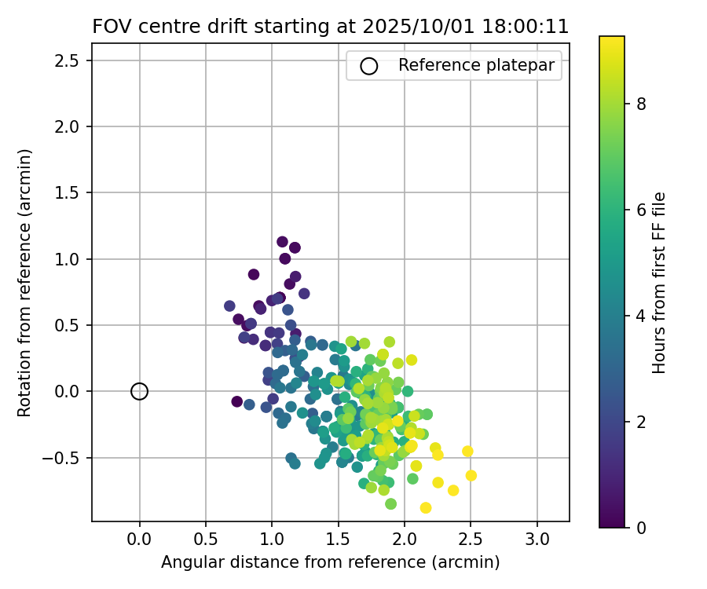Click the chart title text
tap(330, 26)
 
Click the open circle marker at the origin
tap(139, 391)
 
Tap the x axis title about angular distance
tap(330, 562)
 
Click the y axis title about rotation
tap(24, 284)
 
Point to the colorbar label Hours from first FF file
tap(660, 283)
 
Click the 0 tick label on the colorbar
tap(641, 527)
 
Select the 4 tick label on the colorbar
tap(641, 316)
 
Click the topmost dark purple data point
tap(282, 242)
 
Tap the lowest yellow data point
tap(425, 507)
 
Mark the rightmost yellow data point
tap(471, 475)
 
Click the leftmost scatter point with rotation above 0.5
tap(229, 306)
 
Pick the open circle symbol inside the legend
tap(369, 66)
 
